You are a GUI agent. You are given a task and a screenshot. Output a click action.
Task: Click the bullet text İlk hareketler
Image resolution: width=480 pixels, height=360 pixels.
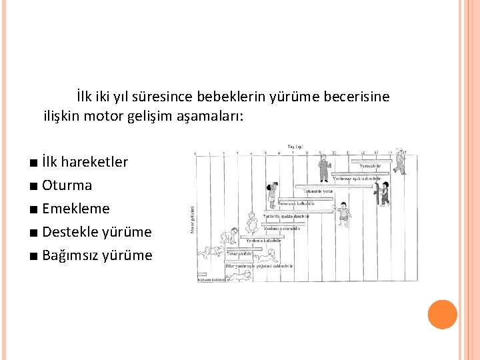pyautogui.click(x=85, y=162)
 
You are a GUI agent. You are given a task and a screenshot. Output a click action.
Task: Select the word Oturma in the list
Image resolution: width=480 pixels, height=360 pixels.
pyautogui.click(x=67, y=185)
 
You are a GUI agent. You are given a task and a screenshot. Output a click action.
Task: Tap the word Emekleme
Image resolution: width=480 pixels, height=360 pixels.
pyautogui.click(x=75, y=209)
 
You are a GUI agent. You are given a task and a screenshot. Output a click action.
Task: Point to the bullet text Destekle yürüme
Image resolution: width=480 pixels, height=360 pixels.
pyautogui.click(x=97, y=232)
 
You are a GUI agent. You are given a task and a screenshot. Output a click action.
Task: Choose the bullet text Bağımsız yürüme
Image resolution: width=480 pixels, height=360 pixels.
pyautogui.click(x=97, y=255)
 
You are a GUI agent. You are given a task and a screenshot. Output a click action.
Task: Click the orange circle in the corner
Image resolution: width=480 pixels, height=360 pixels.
pyautogui.click(x=443, y=315)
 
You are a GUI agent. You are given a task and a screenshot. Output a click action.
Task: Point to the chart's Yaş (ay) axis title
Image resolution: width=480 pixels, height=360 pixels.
pyautogui.click(x=295, y=147)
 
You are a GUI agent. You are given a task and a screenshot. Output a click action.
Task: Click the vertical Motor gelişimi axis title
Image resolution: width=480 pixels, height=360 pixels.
pyautogui.click(x=193, y=220)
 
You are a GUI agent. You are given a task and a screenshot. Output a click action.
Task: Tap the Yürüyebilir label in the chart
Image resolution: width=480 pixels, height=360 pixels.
pyautogui.click(x=371, y=166)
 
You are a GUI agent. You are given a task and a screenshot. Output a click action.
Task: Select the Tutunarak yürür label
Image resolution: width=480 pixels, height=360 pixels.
pyautogui.click(x=318, y=191)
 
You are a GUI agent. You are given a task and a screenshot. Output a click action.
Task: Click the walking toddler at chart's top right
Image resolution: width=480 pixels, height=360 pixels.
pyautogui.click(x=399, y=161)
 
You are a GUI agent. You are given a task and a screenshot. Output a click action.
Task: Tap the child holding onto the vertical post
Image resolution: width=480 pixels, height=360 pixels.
pyautogui.click(x=382, y=193)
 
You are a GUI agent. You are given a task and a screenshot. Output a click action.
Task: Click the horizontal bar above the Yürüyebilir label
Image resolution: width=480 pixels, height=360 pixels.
pyautogui.click(x=377, y=161)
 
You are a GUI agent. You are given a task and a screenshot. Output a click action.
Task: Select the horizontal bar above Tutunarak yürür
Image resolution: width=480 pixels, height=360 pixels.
pyautogui.click(x=333, y=186)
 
